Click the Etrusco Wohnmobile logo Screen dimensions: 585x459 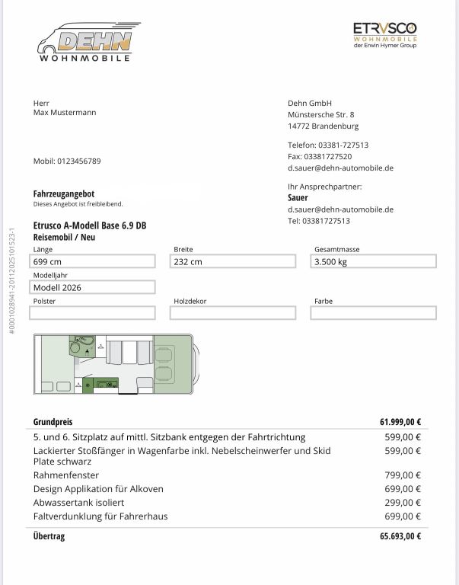click(384, 35)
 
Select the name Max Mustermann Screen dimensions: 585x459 click(65, 113)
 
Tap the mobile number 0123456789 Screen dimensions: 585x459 click(67, 161)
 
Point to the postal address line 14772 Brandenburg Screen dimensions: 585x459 click(323, 126)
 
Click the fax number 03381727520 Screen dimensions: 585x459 click(320, 155)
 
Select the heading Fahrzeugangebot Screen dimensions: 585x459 click(64, 194)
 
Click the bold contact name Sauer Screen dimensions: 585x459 click(298, 197)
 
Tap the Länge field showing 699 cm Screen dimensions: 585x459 click(94, 262)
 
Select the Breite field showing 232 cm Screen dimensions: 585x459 click(234, 262)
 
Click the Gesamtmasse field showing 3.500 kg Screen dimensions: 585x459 click(375, 262)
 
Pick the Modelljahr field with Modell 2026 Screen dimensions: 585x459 click(94, 288)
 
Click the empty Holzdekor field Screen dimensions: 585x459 click(234, 313)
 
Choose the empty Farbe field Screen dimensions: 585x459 click(375, 313)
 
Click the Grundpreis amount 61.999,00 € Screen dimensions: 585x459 click(400, 422)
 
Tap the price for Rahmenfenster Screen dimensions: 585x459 click(403, 475)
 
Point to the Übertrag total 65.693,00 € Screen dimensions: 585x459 click(400, 536)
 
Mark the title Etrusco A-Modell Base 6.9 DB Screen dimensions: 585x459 click(90, 226)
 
